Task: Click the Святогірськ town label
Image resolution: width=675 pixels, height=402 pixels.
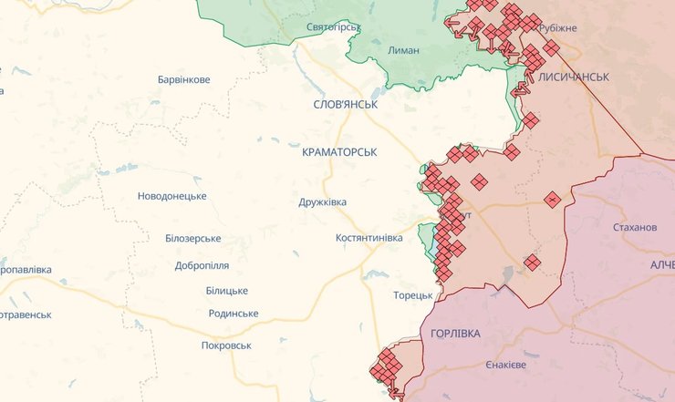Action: tap(334, 26)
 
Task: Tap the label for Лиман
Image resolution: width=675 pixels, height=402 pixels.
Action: tap(403, 50)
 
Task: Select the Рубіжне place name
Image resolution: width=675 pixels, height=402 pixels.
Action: tap(557, 28)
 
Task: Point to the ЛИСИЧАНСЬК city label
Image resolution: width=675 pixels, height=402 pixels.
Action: tap(574, 77)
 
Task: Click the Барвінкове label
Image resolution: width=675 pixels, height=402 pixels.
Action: tap(183, 79)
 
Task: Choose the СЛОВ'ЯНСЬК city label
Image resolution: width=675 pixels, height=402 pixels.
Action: tap(345, 105)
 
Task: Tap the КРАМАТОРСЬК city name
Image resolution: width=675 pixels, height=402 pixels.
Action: tap(338, 151)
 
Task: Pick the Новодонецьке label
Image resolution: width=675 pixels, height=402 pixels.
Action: tap(171, 196)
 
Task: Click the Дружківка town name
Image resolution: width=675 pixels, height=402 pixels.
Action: tap(322, 202)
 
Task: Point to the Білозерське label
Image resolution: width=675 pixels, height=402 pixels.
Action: tap(193, 238)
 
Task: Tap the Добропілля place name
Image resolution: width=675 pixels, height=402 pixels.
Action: tap(202, 266)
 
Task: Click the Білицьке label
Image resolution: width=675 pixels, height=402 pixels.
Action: tap(226, 290)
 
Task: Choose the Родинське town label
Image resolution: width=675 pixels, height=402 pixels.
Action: tap(233, 314)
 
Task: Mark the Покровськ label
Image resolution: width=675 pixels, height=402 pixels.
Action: tap(226, 345)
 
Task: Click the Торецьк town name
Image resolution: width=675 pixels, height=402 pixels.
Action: tap(413, 295)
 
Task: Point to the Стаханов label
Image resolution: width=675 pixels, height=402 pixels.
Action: tap(635, 227)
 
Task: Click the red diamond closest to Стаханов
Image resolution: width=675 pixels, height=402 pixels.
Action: tap(553, 199)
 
